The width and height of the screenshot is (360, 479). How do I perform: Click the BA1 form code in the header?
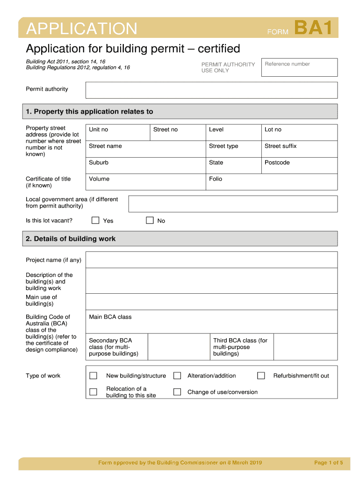tap(313, 28)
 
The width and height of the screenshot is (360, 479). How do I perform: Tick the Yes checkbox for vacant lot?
tap(95, 220)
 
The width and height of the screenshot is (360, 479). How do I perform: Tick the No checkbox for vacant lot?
tap(150, 220)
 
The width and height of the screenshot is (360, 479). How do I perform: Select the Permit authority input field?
tap(211, 90)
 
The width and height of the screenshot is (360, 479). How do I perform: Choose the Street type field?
tap(233, 149)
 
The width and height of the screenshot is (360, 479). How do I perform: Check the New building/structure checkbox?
tap(94, 376)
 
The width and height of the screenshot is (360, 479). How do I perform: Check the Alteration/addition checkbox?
tap(177, 376)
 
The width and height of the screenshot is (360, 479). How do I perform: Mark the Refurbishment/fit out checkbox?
tap(261, 376)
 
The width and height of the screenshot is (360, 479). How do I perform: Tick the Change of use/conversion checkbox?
tap(177, 392)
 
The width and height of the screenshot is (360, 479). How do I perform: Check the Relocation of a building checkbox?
tap(94, 392)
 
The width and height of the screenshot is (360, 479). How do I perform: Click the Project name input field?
tap(211, 260)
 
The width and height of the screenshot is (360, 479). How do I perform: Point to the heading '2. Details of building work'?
tap(71, 239)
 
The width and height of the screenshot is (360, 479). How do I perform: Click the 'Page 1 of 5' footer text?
tap(329, 463)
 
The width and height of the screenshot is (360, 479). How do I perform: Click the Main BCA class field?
tap(211, 322)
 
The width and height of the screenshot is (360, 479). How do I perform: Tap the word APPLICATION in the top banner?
tap(82, 29)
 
